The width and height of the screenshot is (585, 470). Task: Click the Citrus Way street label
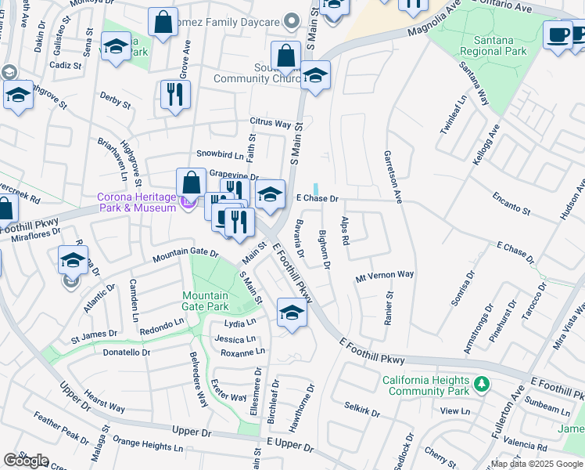(x=270, y=123)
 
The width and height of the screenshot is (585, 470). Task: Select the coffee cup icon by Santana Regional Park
(x=558, y=35)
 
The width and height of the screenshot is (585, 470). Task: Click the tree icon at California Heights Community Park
(x=483, y=383)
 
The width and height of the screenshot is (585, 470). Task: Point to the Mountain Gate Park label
(x=205, y=301)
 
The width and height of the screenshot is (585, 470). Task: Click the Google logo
(x=26, y=461)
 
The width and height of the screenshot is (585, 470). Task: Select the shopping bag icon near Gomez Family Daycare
(x=163, y=23)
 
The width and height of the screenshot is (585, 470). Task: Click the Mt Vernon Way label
(x=384, y=275)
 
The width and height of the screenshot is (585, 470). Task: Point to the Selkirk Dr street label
(x=361, y=409)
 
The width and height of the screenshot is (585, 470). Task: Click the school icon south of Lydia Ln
(x=292, y=313)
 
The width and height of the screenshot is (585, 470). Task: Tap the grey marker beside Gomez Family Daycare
(x=292, y=20)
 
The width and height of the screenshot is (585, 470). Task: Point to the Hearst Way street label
(x=105, y=403)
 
